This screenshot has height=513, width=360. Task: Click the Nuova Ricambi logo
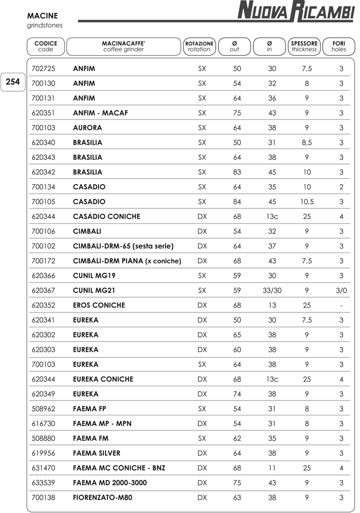pyautogui.click(x=295, y=12)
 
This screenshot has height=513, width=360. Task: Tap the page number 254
pyautogui.click(x=13, y=82)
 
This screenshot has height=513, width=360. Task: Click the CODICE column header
pyautogui.click(x=46, y=46)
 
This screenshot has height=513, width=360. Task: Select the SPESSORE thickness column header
pyautogui.click(x=304, y=46)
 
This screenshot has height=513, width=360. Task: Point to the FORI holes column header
pyautogui.click(x=338, y=46)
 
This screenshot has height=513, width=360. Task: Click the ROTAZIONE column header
pyautogui.click(x=199, y=46)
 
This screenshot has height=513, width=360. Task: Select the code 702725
pyautogui.click(x=43, y=69)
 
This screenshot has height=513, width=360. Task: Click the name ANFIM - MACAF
pyautogui.click(x=100, y=113)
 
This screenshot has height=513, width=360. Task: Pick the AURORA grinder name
pyautogui.click(x=87, y=128)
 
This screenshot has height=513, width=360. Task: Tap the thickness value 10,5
pyautogui.click(x=307, y=202)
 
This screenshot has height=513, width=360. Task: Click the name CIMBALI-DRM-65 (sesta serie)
pyautogui.click(x=123, y=246)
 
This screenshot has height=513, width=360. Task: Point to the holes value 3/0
pyautogui.click(x=341, y=291)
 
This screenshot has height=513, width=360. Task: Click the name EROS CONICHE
pyautogui.click(x=99, y=306)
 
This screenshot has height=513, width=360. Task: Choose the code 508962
pyautogui.click(x=43, y=409)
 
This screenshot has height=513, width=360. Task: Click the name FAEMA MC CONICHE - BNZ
pyautogui.click(x=119, y=468)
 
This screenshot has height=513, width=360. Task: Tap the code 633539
pyautogui.click(x=43, y=483)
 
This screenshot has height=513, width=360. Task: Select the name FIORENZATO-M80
pyautogui.click(x=102, y=498)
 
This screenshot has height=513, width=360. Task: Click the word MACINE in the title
pyautogui.click(x=42, y=16)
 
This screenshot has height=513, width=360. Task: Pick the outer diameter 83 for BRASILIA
pyautogui.click(x=237, y=172)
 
